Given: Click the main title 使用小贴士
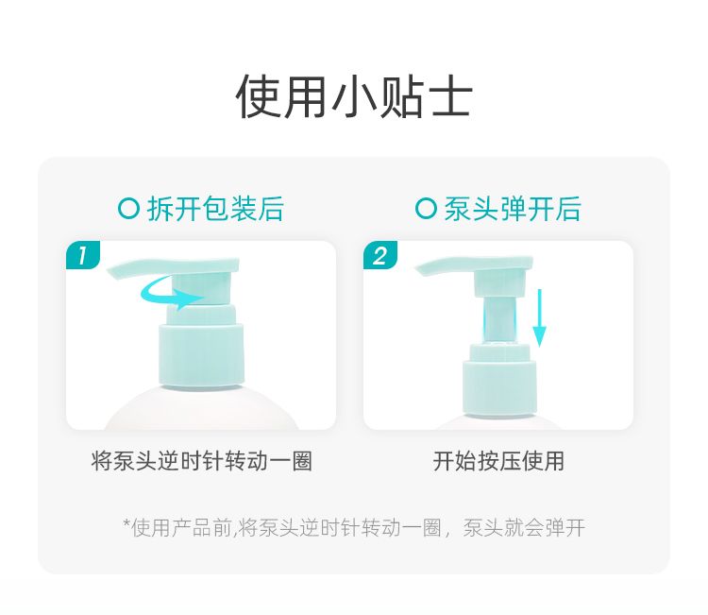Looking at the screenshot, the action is (x=354, y=97).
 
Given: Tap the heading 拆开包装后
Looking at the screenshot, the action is (x=215, y=209).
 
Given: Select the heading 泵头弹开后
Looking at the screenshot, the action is (x=513, y=209).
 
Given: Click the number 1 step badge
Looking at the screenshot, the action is (x=83, y=255).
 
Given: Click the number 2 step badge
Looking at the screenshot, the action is (x=380, y=255).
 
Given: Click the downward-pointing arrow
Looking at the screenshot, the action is (x=539, y=317).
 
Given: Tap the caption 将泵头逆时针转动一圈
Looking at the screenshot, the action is (x=201, y=461).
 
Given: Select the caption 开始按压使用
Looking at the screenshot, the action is (x=498, y=461).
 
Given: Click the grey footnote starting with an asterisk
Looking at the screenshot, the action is (x=354, y=527).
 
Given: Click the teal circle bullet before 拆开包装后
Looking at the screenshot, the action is (x=128, y=209).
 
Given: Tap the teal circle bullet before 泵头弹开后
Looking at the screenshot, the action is (x=426, y=209).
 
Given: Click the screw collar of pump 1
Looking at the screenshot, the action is (x=201, y=355).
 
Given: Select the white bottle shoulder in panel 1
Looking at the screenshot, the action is (x=201, y=408).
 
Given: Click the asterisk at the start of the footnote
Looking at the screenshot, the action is (x=126, y=523).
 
